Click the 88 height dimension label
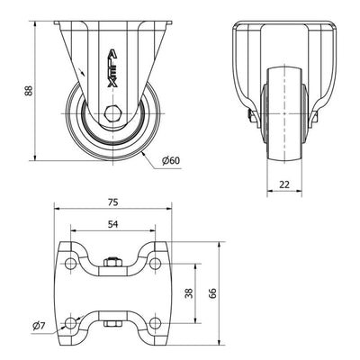29,91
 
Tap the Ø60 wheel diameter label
171,161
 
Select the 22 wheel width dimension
284,184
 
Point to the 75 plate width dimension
112,202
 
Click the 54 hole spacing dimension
112,224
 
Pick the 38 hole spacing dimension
189,293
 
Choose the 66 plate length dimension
212,293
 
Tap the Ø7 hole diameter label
39,326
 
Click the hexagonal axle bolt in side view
112,113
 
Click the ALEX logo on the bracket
112,68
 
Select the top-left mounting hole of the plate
70,263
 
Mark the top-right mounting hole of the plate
155,263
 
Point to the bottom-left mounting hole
70,323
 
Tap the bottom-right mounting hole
155,323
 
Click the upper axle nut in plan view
112,262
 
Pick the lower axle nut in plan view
112,324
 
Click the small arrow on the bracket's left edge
82,72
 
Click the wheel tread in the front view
284,115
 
